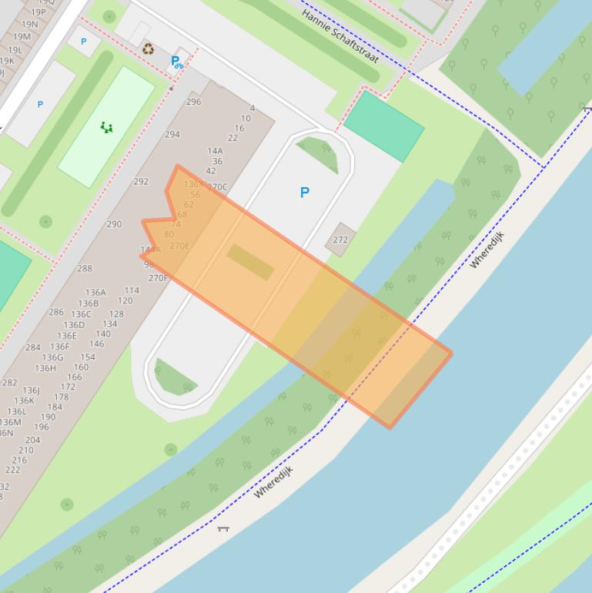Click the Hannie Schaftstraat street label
(x=339, y=35)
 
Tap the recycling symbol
(x=148, y=49)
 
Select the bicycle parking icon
(x=177, y=62)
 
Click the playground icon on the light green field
(x=106, y=127)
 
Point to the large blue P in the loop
(x=305, y=193)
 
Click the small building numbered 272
(x=340, y=240)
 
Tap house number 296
(x=193, y=102)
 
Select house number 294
(x=172, y=134)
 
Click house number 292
(x=141, y=182)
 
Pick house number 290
(x=114, y=224)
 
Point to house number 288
(x=85, y=269)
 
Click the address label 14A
(x=215, y=151)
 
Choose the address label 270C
(x=218, y=186)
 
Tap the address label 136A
(x=95, y=293)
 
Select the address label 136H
(x=45, y=368)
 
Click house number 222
(x=13, y=470)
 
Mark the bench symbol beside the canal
(x=223, y=528)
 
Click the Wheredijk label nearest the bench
(x=273, y=481)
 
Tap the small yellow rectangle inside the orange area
(x=250, y=262)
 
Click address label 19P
(x=38, y=12)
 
